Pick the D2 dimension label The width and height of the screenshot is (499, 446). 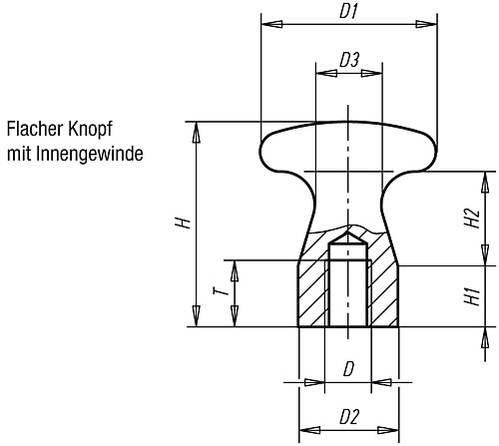tap(348, 414)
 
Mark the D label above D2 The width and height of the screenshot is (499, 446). tap(348, 369)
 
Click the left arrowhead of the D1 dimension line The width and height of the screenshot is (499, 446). tap(266, 22)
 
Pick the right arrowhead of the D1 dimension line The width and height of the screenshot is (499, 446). tap(431, 22)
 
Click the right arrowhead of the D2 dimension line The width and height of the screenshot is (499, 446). tap(393, 426)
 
